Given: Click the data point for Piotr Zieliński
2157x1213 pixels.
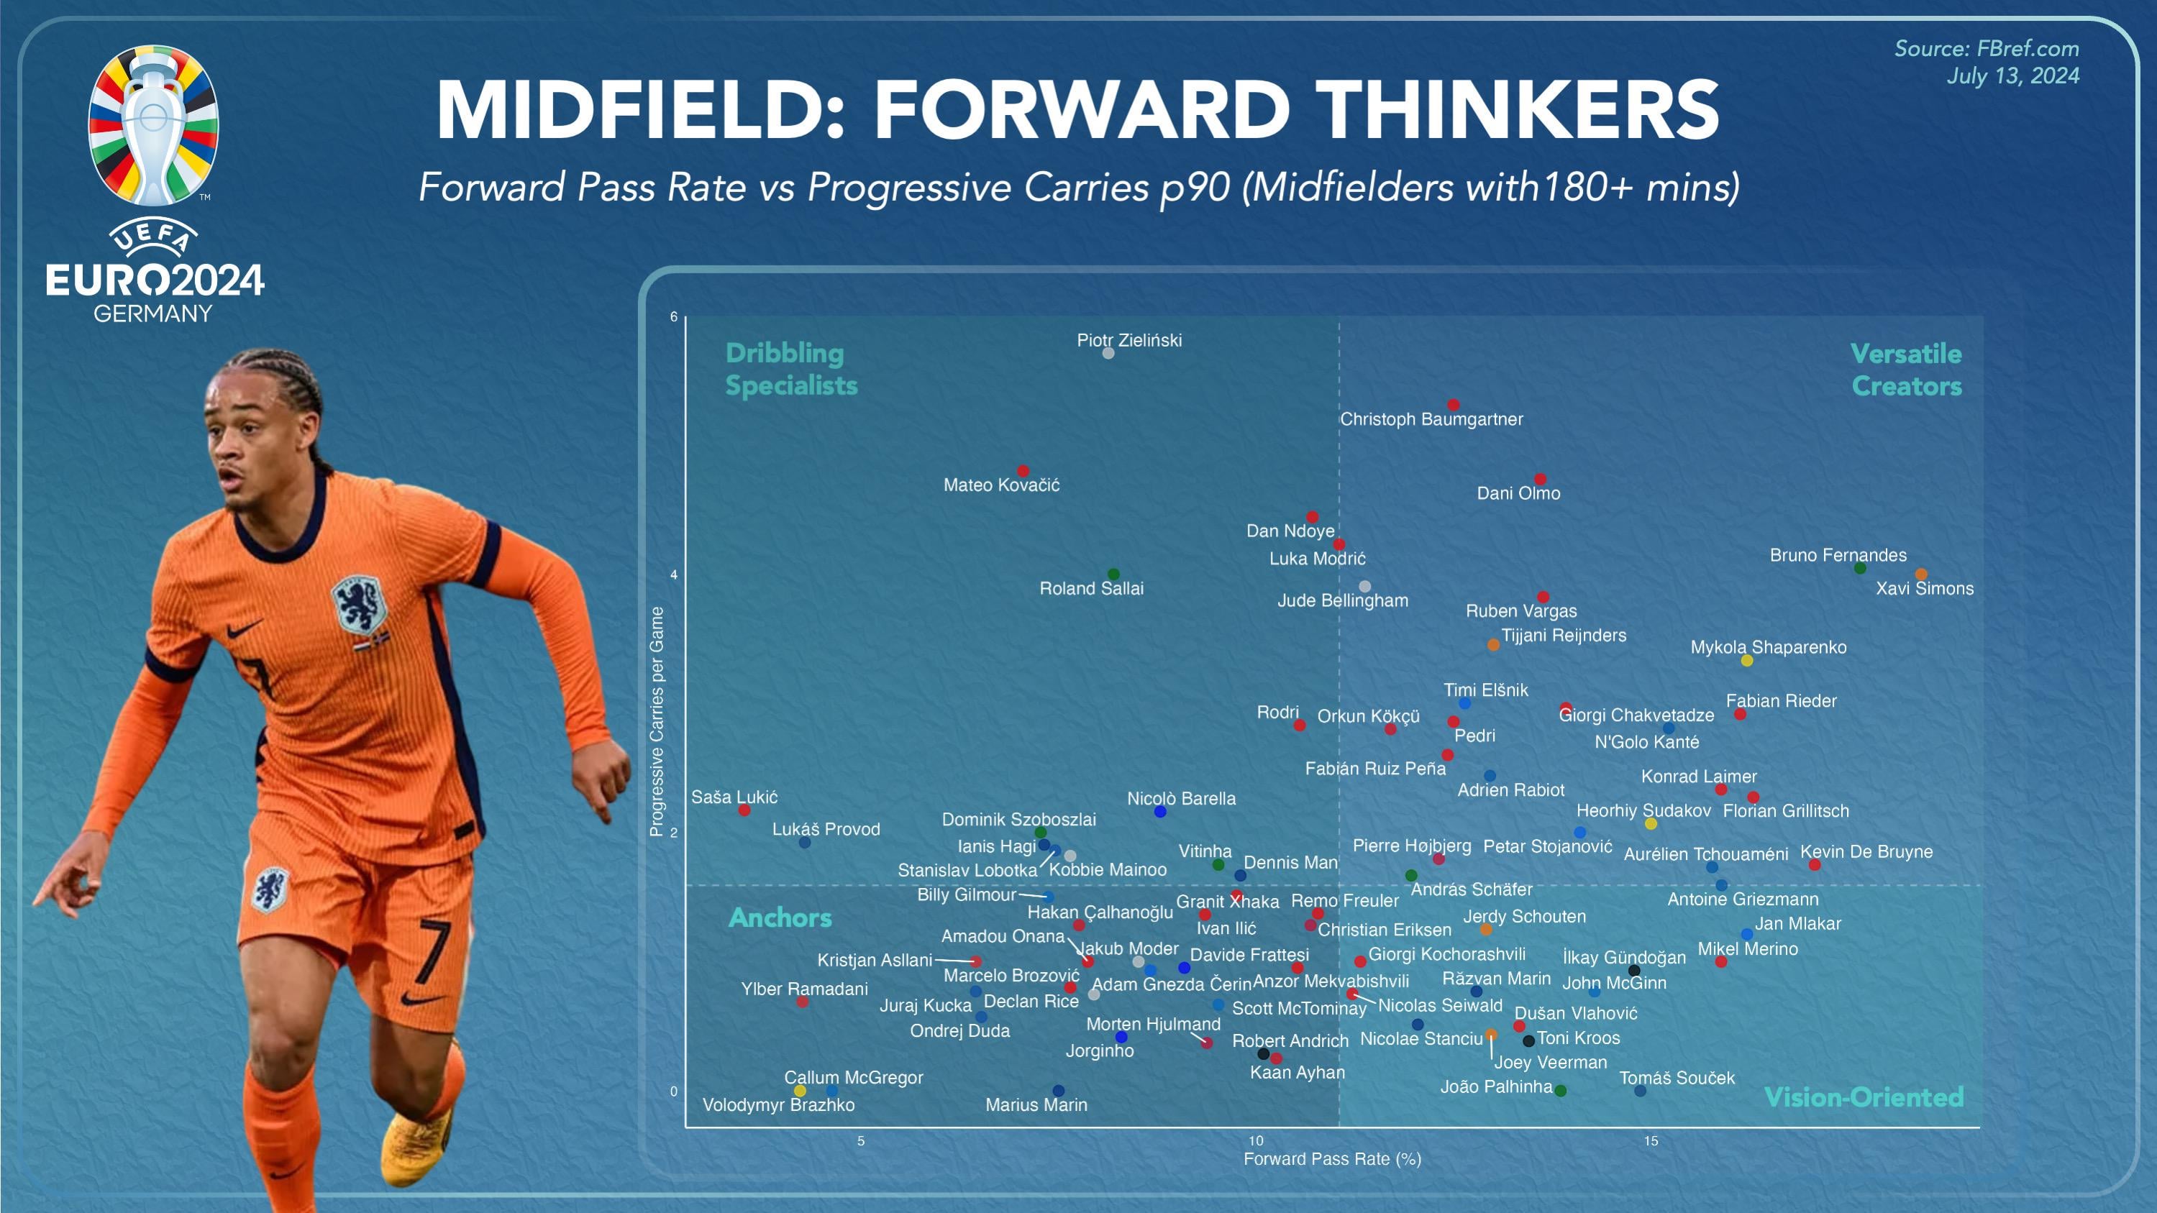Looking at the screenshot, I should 1108,353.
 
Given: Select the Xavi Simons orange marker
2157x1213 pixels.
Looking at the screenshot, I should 1921,575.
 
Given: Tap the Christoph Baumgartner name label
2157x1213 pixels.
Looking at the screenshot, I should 1431,419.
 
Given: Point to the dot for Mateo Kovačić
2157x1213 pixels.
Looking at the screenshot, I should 1022,471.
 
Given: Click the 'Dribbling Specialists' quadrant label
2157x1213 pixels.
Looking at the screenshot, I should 790,369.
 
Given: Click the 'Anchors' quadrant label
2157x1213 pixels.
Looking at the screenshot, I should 780,917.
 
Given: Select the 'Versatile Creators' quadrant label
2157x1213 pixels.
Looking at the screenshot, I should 1906,370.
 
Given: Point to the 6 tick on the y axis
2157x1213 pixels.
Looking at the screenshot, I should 673,317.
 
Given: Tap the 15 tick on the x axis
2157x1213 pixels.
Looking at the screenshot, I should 1651,1141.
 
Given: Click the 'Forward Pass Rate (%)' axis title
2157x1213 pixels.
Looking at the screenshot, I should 1332,1159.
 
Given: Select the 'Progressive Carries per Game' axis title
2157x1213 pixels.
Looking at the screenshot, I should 657,722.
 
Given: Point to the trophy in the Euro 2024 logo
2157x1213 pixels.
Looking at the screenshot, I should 153,126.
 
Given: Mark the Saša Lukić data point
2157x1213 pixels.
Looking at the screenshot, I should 744,810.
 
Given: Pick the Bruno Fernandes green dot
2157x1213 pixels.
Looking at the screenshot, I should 1860,569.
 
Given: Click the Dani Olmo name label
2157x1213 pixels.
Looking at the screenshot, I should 1518,494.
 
